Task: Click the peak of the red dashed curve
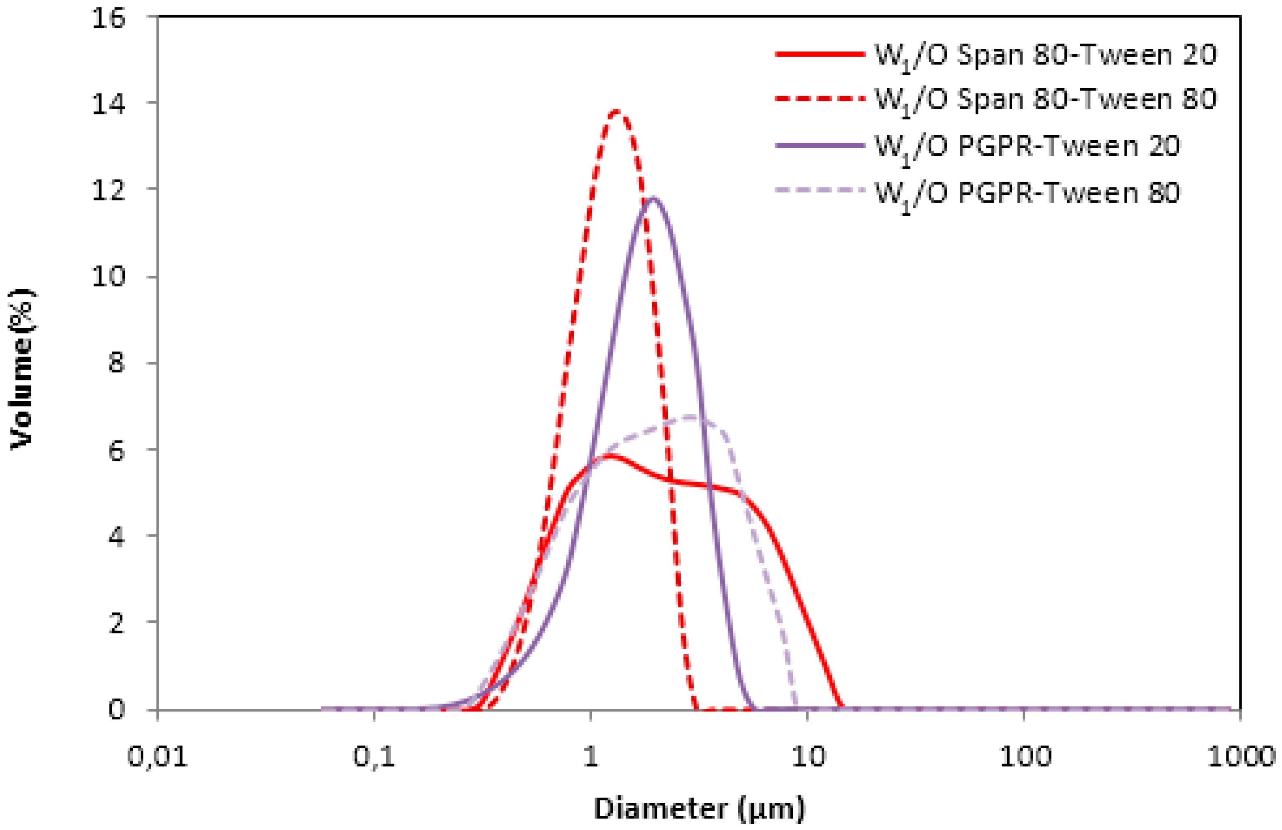pyautogui.click(x=616, y=111)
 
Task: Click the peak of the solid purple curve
pyautogui.click(x=654, y=198)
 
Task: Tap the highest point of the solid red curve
pyautogui.click(x=610, y=456)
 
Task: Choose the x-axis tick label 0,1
pyautogui.click(x=374, y=757)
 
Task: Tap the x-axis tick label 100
pyautogui.click(x=1025, y=757)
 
